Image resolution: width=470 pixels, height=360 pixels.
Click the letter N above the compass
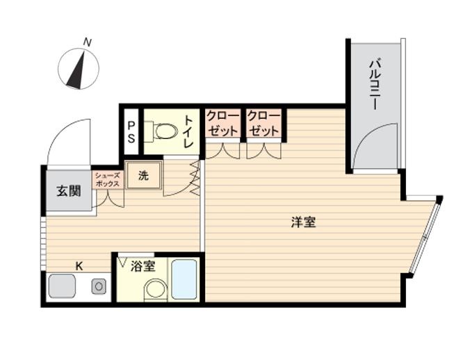click(87, 42)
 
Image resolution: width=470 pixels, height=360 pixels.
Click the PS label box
click(131, 132)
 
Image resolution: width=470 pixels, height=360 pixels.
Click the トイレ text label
click(188, 132)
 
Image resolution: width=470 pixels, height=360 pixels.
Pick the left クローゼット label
click(223, 123)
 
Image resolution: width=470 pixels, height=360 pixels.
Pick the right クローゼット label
click(264, 123)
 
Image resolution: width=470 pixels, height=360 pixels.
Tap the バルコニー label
click(375, 85)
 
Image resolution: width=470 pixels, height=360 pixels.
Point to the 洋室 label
click(303, 222)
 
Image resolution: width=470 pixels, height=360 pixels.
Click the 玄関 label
click(69, 190)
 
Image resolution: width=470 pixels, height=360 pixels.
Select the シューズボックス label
click(108, 180)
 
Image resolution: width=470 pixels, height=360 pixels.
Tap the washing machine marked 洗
click(144, 175)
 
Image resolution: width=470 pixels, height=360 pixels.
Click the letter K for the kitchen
click(79, 266)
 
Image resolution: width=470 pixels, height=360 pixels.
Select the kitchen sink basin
click(62, 286)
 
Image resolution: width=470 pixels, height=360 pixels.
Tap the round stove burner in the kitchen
click(99, 286)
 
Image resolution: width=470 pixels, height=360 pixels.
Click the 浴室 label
click(143, 266)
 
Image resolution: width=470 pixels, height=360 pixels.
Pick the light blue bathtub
click(184, 279)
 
